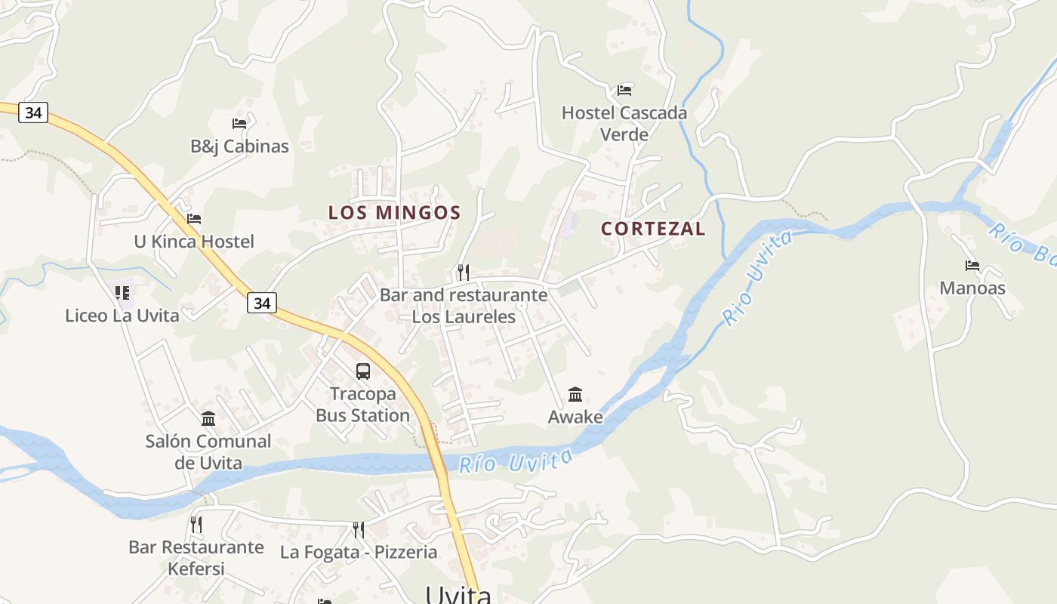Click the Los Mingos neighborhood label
tap(394, 212)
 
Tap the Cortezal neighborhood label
tap(653, 229)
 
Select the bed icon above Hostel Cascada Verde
tap(624, 91)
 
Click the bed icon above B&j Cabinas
tap(239, 123)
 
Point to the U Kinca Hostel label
tap(194, 242)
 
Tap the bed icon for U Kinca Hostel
tap(194, 219)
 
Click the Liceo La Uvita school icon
tap(122, 292)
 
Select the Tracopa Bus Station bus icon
tap(363, 371)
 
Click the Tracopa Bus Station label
tap(362, 405)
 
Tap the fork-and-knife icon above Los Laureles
tap(464, 272)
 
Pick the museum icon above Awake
tap(575, 394)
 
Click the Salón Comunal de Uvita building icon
tap(208, 418)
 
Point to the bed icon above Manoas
tap(972, 266)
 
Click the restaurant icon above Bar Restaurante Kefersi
tap(196, 524)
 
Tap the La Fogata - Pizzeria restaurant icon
tap(359, 529)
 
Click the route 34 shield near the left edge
tap(33, 112)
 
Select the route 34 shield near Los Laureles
tap(261, 303)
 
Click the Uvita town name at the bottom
tap(458, 594)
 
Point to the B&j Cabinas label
tap(239, 146)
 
